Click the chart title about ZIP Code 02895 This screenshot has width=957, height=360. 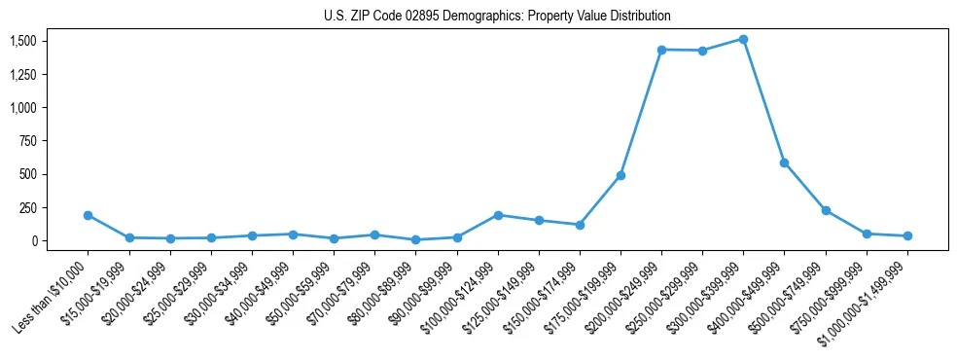[x=497, y=17]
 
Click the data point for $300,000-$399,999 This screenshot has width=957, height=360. [x=743, y=39]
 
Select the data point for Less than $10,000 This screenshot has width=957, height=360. [x=88, y=215]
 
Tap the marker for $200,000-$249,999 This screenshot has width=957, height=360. [x=661, y=50]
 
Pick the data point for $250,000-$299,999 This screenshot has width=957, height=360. [x=702, y=51]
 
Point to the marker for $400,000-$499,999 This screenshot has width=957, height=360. [x=784, y=162]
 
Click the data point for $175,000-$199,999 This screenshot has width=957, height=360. [x=620, y=175]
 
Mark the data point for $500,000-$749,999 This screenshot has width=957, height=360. [x=826, y=210]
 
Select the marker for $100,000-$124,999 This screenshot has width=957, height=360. [x=498, y=215]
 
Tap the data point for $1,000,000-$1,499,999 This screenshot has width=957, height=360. [x=907, y=235]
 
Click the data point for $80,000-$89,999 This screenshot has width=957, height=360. [x=415, y=239]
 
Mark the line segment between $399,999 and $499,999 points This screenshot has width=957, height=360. [x=763, y=101]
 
